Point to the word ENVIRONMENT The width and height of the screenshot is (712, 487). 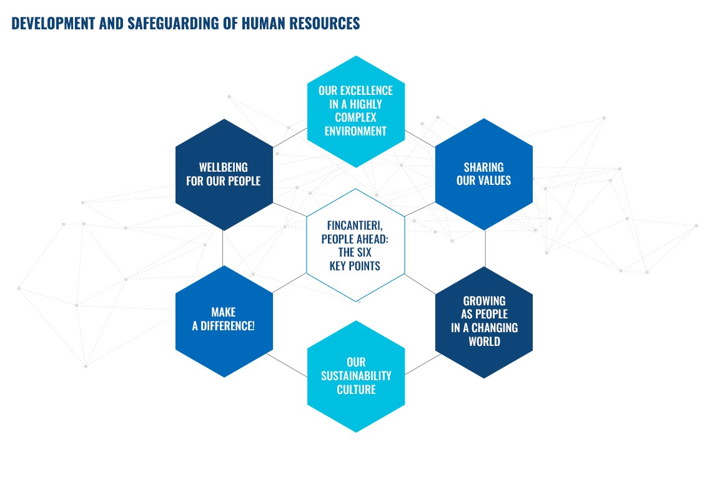pyautogui.click(x=355, y=131)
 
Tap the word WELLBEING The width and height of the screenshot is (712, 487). pyautogui.click(x=224, y=167)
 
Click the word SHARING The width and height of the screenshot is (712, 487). pyautogui.click(x=483, y=167)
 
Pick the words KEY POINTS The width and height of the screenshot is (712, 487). pyautogui.click(x=355, y=266)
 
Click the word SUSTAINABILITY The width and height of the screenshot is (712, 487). pyautogui.click(x=356, y=376)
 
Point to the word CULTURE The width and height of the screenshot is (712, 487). pyautogui.click(x=356, y=390)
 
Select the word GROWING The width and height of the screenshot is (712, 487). pyautogui.click(x=484, y=301)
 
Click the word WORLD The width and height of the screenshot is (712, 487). pyautogui.click(x=484, y=342)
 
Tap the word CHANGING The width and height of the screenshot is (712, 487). pyautogui.click(x=495, y=328)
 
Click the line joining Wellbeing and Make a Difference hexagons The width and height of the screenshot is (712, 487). pyautogui.click(x=223, y=248)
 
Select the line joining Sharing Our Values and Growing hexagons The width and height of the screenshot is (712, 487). pyautogui.click(x=485, y=248)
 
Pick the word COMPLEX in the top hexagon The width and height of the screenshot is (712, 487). pyautogui.click(x=355, y=117)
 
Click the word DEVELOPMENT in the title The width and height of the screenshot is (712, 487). pyautogui.click(x=53, y=23)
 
